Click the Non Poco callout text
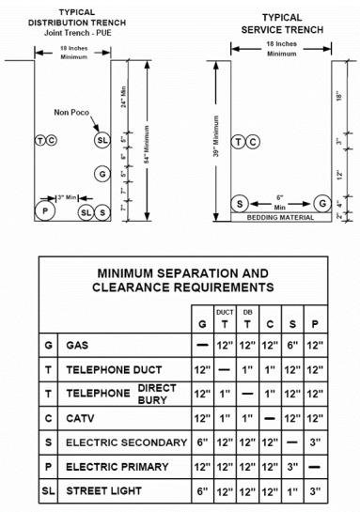[x=71, y=113]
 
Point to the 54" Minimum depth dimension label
[x=147, y=145]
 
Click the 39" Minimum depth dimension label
[x=216, y=136]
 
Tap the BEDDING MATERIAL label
[x=280, y=217]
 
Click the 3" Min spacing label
[x=67, y=197]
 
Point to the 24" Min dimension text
[x=123, y=97]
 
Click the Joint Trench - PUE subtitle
[x=78, y=33]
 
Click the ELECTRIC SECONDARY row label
[x=127, y=442]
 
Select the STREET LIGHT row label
[x=104, y=490]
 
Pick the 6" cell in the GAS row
[x=292, y=345]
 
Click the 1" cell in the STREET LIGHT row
[x=292, y=490]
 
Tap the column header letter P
[x=315, y=324]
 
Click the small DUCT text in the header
[x=225, y=312]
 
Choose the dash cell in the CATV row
[x=270, y=418]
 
